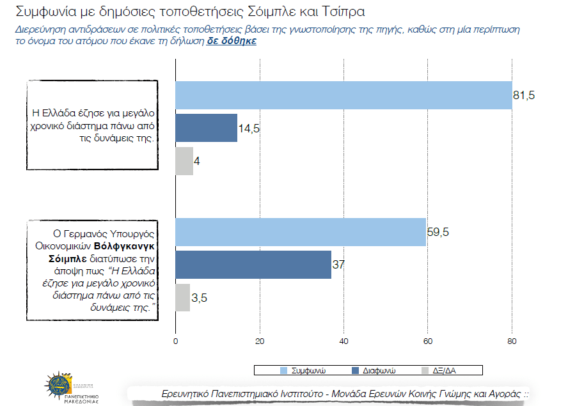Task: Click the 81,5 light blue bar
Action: coord(343,95)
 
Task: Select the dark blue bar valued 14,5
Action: coord(206,128)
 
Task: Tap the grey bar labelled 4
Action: coord(184,161)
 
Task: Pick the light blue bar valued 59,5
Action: coord(301,231)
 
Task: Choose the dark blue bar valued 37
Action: coord(253,265)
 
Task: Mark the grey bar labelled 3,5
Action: coord(182,297)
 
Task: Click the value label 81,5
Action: coord(524,95)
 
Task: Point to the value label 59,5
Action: coord(438,231)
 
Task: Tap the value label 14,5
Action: coord(249,128)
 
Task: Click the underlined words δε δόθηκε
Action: coord(232,40)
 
